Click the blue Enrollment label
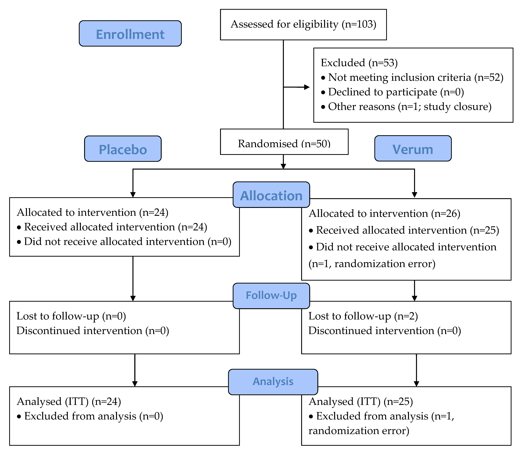[x=130, y=33]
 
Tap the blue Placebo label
[x=123, y=149]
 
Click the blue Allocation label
[x=271, y=195]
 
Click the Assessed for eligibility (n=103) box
[x=303, y=25]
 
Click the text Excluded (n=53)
[x=359, y=63]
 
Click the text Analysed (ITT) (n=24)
[x=69, y=401]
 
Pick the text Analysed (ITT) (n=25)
[x=361, y=401]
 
